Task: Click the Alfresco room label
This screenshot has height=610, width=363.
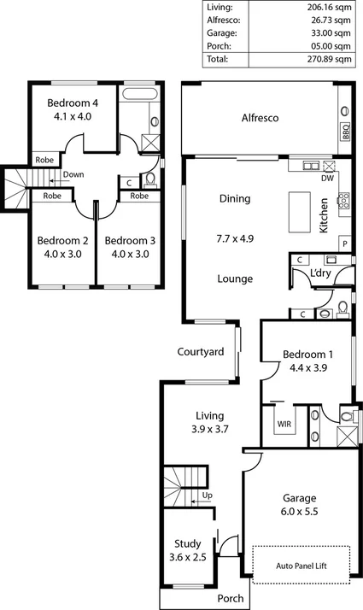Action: pos(261,118)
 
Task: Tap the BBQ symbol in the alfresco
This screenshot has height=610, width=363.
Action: pos(346,132)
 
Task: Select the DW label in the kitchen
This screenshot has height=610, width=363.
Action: pos(328,179)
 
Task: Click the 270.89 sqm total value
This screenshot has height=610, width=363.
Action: pos(330,60)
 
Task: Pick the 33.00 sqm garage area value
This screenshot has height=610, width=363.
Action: pos(330,32)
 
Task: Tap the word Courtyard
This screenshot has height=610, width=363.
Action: pos(201,351)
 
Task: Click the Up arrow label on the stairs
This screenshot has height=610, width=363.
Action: pos(206,496)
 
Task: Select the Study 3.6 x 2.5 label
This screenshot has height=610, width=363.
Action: pos(187,548)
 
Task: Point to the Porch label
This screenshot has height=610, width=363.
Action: pos(229,598)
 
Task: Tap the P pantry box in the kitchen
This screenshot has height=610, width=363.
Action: pos(344,243)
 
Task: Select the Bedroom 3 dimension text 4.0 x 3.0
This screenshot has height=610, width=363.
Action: pos(127,254)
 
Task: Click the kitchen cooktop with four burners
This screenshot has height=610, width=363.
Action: pos(344,202)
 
